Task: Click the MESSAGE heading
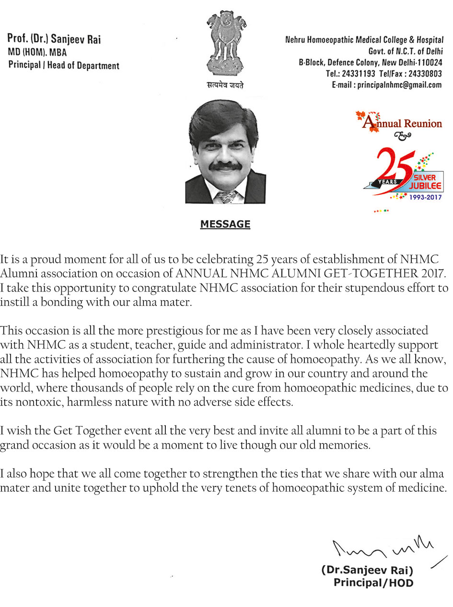[225, 224]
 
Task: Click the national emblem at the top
[225, 43]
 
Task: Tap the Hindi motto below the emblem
[225, 86]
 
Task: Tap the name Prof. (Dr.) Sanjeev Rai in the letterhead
[54, 39]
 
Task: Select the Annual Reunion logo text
[402, 124]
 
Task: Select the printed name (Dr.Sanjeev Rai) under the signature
[367, 571]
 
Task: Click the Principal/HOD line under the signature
[373, 583]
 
